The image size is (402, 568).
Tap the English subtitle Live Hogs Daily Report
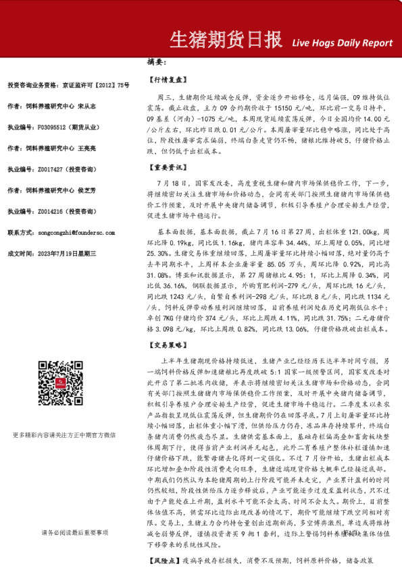(x=342, y=42)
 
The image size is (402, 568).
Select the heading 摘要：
(x=156, y=62)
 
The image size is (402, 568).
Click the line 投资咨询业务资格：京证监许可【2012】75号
(x=68, y=86)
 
